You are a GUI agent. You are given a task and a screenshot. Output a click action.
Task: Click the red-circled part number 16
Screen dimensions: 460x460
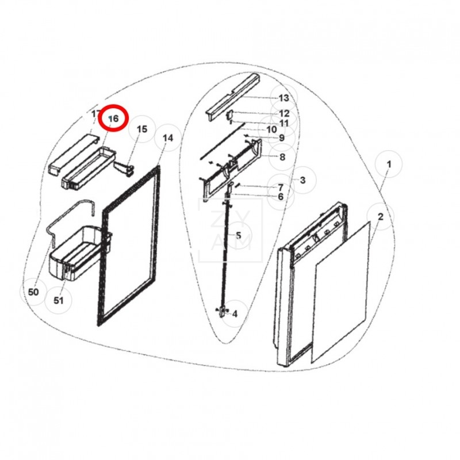pyautogui.click(x=113, y=118)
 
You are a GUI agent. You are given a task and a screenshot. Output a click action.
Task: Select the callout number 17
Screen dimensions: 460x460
pyautogui.click(x=95, y=114)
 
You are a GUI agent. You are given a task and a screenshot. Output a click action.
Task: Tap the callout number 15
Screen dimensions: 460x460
pyautogui.click(x=142, y=129)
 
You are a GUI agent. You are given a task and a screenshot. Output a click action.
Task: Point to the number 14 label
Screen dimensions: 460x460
pyautogui.click(x=168, y=138)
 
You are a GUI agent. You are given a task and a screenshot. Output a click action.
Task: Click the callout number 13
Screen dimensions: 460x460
pyautogui.click(x=284, y=98)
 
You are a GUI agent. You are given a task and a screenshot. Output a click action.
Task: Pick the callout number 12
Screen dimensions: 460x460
pyautogui.click(x=284, y=113)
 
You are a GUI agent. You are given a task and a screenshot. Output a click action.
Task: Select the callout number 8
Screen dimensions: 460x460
pyautogui.click(x=282, y=156)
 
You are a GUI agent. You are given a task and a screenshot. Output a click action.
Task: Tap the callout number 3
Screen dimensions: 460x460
pyautogui.click(x=302, y=181)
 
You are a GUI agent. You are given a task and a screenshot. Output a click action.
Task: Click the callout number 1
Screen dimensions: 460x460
pyautogui.click(x=389, y=164)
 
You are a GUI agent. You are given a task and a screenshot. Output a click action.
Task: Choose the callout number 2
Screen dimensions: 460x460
pyautogui.click(x=381, y=216)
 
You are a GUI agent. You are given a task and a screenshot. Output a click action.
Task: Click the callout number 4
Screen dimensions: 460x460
pyautogui.click(x=235, y=314)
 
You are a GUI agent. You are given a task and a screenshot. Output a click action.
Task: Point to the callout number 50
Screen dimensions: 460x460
pyautogui.click(x=33, y=292)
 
